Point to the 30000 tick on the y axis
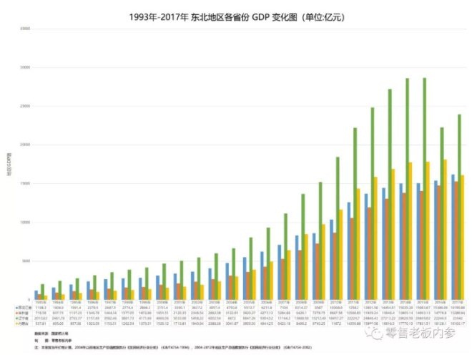pos(24,67)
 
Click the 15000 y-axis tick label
pos(24,183)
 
